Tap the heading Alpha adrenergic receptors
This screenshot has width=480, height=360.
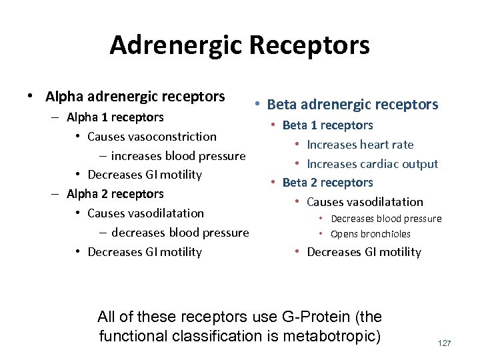[135, 97]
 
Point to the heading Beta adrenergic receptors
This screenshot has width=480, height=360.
[353, 105]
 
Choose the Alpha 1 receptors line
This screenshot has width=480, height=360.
[115, 117]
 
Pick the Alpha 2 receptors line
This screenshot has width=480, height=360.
[115, 194]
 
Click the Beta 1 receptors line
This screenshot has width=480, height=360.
[328, 125]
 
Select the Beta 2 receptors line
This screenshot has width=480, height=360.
[328, 183]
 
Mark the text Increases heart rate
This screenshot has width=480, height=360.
[360, 145]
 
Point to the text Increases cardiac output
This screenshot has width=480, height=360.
[372, 164]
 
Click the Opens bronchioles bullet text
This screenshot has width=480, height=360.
[371, 234]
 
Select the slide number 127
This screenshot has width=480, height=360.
[445, 343]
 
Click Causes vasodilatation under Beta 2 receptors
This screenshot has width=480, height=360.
[365, 202]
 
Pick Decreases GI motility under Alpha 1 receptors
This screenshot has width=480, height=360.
[145, 175]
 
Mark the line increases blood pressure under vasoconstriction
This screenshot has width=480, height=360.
[178, 156]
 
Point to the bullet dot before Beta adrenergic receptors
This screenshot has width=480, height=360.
[257, 105]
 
